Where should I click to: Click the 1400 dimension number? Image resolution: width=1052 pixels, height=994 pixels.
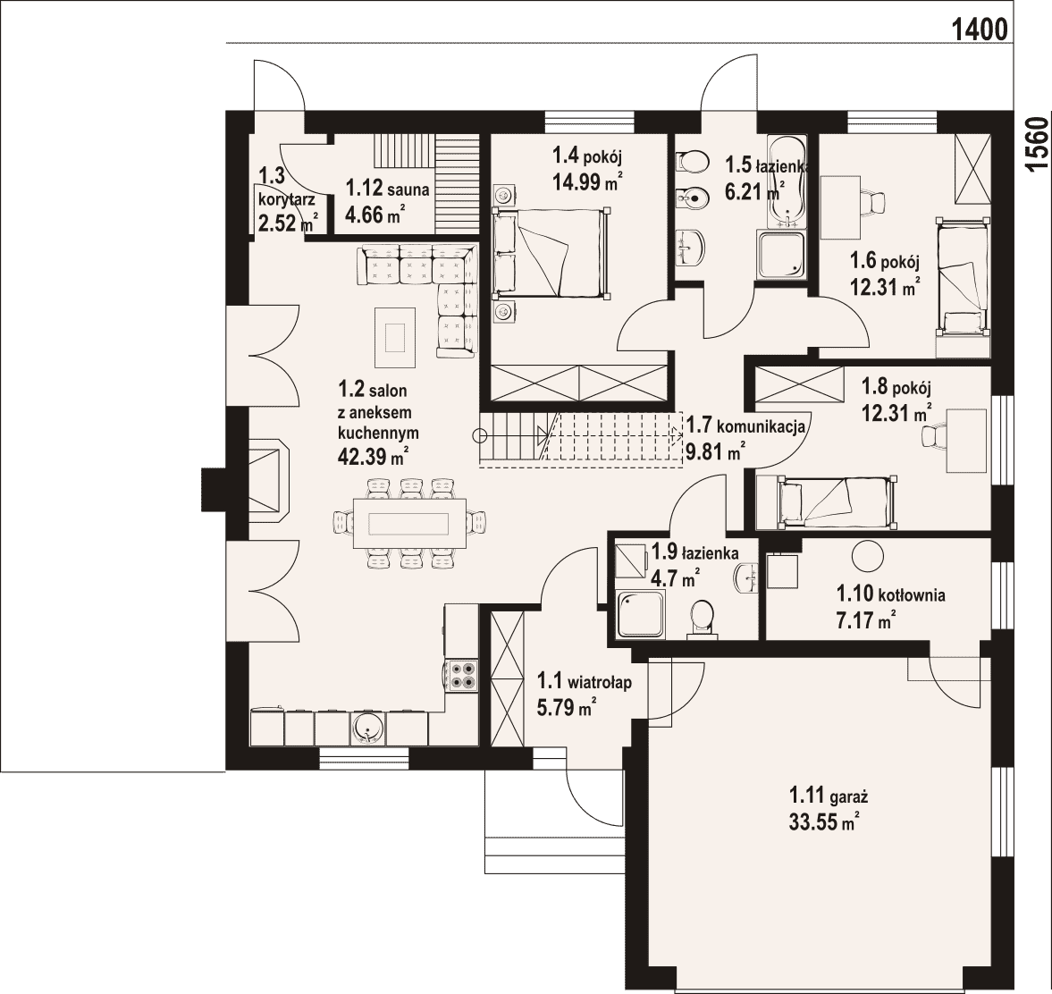[980, 29]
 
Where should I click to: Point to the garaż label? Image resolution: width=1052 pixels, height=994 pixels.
[829, 797]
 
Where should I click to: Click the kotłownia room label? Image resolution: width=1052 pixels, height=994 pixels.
[891, 594]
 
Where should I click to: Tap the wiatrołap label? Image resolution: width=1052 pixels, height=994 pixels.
[585, 683]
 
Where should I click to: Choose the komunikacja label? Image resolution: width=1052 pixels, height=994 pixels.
[745, 425]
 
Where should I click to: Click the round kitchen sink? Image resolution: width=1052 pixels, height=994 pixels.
[367, 729]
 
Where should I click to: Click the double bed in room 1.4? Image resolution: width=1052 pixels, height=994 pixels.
[551, 252]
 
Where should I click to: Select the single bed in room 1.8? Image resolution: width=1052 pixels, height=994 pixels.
[825, 501]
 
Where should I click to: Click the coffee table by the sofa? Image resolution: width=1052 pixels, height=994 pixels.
[395, 337]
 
